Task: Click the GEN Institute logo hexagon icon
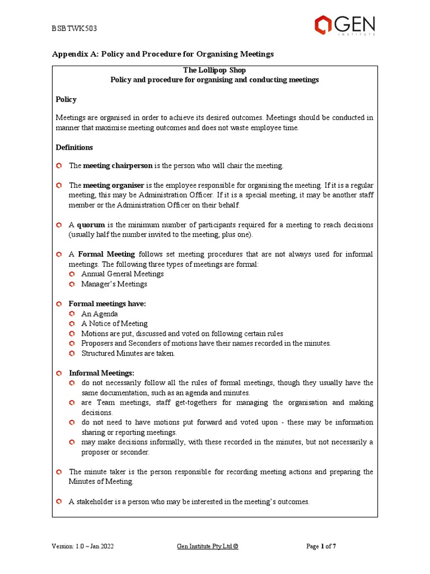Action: (323, 25)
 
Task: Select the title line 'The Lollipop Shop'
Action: (214, 70)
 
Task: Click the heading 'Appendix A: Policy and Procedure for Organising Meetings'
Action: (163, 54)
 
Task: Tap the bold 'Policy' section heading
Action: (66, 99)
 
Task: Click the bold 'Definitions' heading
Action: (74, 147)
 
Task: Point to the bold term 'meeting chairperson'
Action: (118, 166)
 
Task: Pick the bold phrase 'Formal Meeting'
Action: (106, 254)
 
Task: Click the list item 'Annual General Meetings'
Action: (122, 274)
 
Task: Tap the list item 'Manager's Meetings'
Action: (114, 284)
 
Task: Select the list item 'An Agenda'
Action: (99, 314)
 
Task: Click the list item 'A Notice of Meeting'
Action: (114, 323)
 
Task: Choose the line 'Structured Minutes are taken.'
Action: (128, 354)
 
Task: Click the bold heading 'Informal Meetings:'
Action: (101, 373)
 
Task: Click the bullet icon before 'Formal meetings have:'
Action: (59, 304)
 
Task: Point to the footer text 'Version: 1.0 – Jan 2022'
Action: (82, 547)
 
